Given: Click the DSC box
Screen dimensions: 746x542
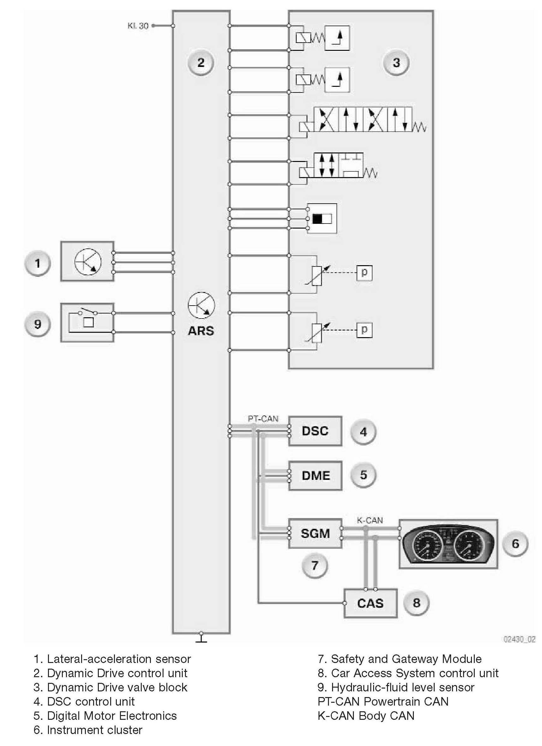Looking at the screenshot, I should pos(315,431).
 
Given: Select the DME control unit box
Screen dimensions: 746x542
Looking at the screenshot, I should pos(315,475).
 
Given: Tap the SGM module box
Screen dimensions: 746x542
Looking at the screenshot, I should pos(315,533).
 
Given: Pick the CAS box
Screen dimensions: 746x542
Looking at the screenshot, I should pos(370,603).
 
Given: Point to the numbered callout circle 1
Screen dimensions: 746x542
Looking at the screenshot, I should pos(38,263).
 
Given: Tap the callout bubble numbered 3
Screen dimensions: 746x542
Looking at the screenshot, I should pos(396,63).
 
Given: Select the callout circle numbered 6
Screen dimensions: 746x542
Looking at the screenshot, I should pos(515,543).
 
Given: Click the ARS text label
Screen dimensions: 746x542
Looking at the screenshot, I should pos(201,331).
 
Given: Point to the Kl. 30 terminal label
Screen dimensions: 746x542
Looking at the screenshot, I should pos(138,26).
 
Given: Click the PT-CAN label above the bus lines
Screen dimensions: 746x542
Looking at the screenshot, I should pos(263,419).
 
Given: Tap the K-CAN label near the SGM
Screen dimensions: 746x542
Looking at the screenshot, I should pos(370,520).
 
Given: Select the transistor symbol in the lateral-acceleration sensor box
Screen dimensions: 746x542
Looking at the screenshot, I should pos(88,262).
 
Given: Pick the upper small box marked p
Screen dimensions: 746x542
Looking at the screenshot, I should pos(364,273).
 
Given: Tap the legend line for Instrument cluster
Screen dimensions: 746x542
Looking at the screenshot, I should pos(88,730).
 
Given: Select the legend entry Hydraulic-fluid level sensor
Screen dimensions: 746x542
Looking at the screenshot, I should pos(396,687).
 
